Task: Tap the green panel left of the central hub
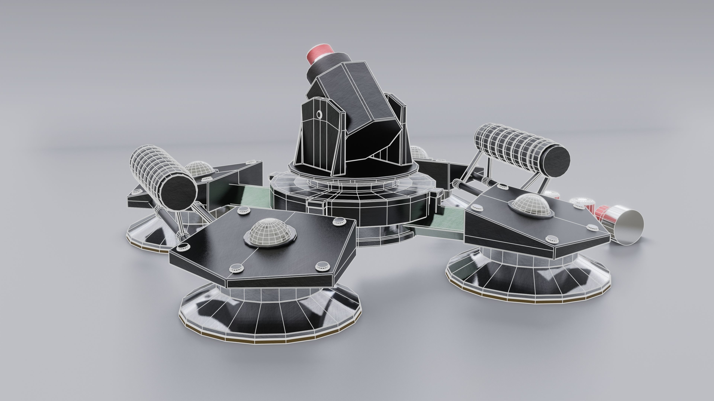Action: click(x=254, y=198)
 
